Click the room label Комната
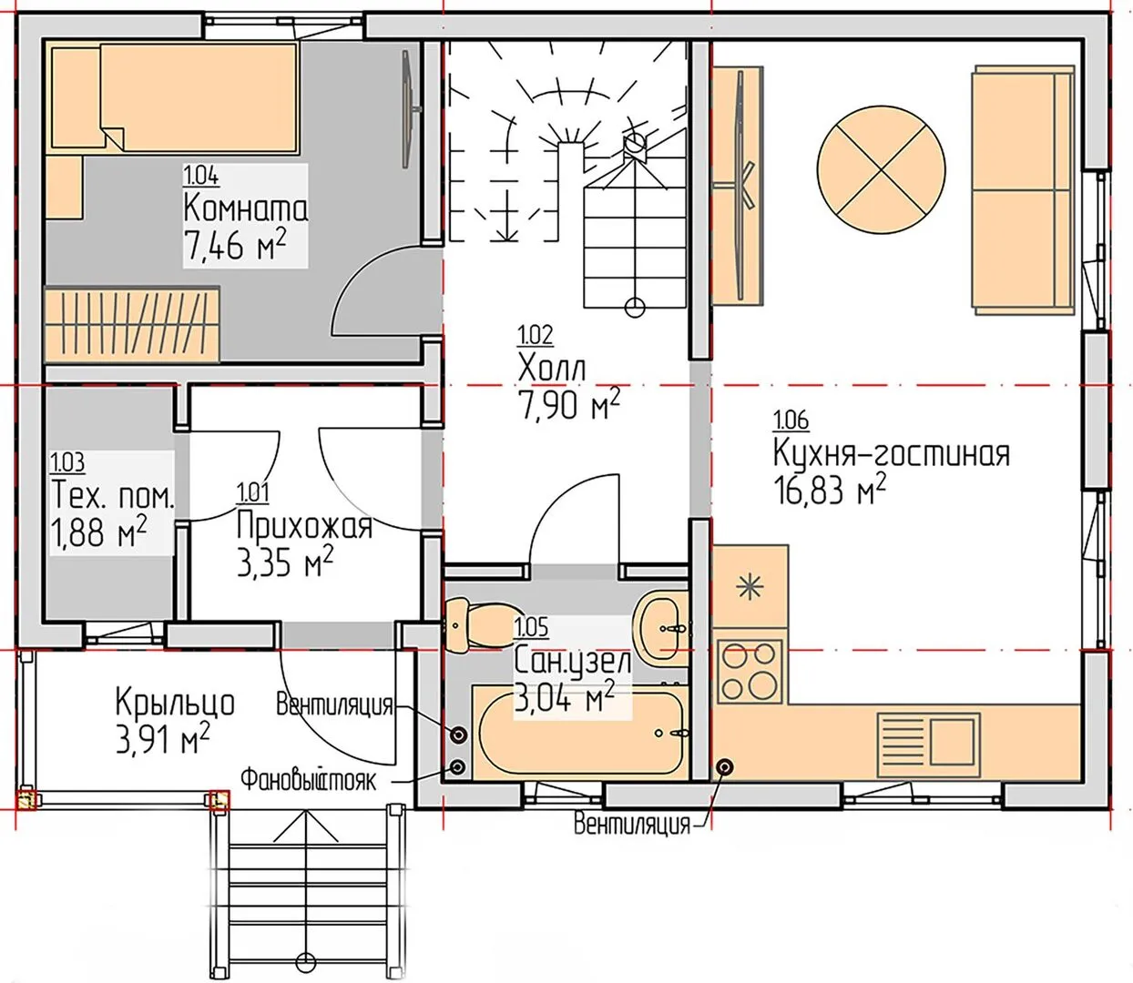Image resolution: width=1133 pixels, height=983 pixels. pyautogui.click(x=245, y=209)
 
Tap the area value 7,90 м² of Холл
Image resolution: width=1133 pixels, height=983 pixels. pyautogui.click(x=569, y=404)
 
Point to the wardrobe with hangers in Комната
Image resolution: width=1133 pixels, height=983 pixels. pyautogui.click(x=132, y=324)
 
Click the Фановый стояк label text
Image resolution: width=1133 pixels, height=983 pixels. pyautogui.click(x=308, y=781)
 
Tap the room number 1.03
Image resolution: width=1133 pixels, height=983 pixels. pyautogui.click(x=67, y=462)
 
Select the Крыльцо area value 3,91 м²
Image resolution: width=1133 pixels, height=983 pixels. pyautogui.click(x=163, y=739)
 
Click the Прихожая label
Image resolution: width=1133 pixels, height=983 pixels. pyautogui.click(x=304, y=526)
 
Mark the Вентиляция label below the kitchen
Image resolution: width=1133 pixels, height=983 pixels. pyautogui.click(x=632, y=824)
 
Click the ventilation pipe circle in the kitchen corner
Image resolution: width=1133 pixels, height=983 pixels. pyautogui.click(x=725, y=767)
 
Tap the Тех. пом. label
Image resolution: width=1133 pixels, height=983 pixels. pyautogui.click(x=112, y=497)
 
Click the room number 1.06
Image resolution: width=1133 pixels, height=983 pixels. pyautogui.click(x=791, y=421)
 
